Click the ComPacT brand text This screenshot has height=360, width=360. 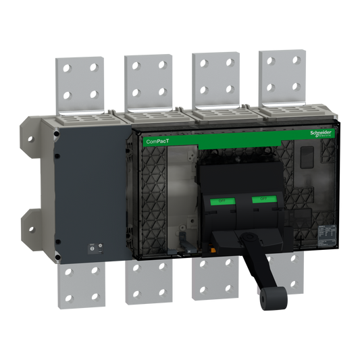tap(158, 141)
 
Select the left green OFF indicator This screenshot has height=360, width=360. tap(220, 201)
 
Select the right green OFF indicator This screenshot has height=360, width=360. tap(259, 199)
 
